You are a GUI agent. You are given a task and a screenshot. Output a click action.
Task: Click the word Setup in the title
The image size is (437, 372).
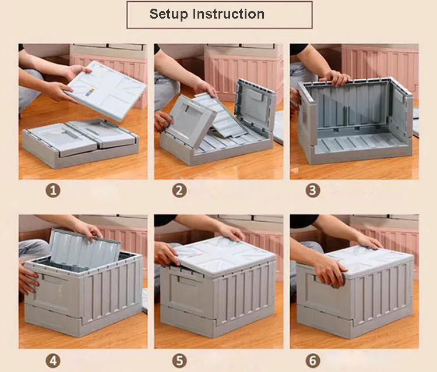coord(168,15)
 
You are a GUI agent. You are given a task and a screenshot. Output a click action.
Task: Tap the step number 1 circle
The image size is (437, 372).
coord(53,191)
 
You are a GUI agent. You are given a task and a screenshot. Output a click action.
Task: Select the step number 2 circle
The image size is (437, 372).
coord(179,191)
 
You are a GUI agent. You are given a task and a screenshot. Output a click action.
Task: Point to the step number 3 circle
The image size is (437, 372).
coord(313,191)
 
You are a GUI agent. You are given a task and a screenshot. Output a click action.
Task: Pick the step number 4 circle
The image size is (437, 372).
coord(53,361)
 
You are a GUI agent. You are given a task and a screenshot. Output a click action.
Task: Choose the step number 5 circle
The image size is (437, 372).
coord(179,361)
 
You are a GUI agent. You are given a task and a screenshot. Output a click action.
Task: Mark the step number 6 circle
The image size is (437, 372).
coord(313,361)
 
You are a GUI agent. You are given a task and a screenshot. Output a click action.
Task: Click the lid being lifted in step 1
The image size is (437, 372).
coord(107,90)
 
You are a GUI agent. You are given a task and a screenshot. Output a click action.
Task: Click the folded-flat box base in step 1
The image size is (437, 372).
coord(81,143)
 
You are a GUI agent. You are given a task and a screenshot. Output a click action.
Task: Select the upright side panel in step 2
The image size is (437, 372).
coord(254,107)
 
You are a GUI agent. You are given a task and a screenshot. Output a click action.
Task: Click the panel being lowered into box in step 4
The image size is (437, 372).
coord(83,249)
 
